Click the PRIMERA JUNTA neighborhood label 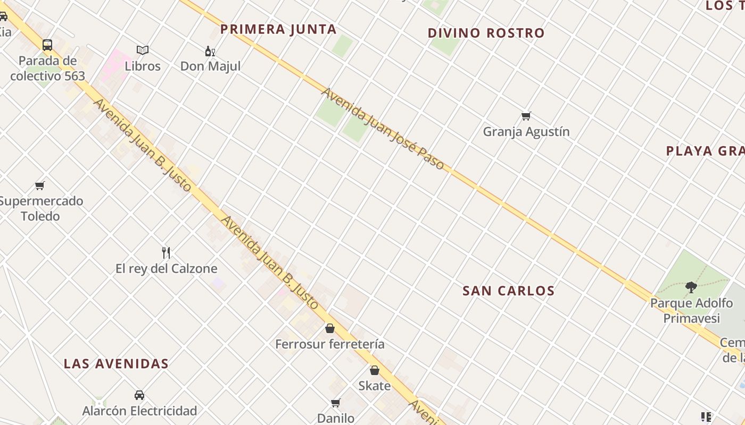pyautogui.click(x=278, y=29)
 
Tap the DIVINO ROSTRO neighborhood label pyautogui.click(x=486, y=33)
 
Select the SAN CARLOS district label pyautogui.click(x=508, y=291)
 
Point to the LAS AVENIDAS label pyautogui.click(x=116, y=364)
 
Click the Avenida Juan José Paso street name pyautogui.click(x=382, y=129)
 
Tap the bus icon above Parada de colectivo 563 pyautogui.click(x=47, y=45)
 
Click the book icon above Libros pyautogui.click(x=142, y=50)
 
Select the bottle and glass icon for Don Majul pyautogui.click(x=210, y=51)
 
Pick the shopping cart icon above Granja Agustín pyautogui.click(x=526, y=116)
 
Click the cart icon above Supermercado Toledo pyautogui.click(x=40, y=185)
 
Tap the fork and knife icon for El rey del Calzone pyautogui.click(x=166, y=252)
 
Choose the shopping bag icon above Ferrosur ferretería pyautogui.click(x=330, y=328)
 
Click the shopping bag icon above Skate pyautogui.click(x=375, y=370)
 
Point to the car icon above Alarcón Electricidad pyautogui.click(x=139, y=395)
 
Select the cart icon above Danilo pyautogui.click(x=336, y=403)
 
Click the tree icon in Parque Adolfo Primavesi pyautogui.click(x=691, y=287)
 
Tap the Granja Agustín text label pyautogui.click(x=526, y=132)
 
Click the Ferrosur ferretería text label pyautogui.click(x=330, y=344)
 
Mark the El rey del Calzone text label pyautogui.click(x=166, y=269)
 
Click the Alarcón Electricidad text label pyautogui.click(x=139, y=411)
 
